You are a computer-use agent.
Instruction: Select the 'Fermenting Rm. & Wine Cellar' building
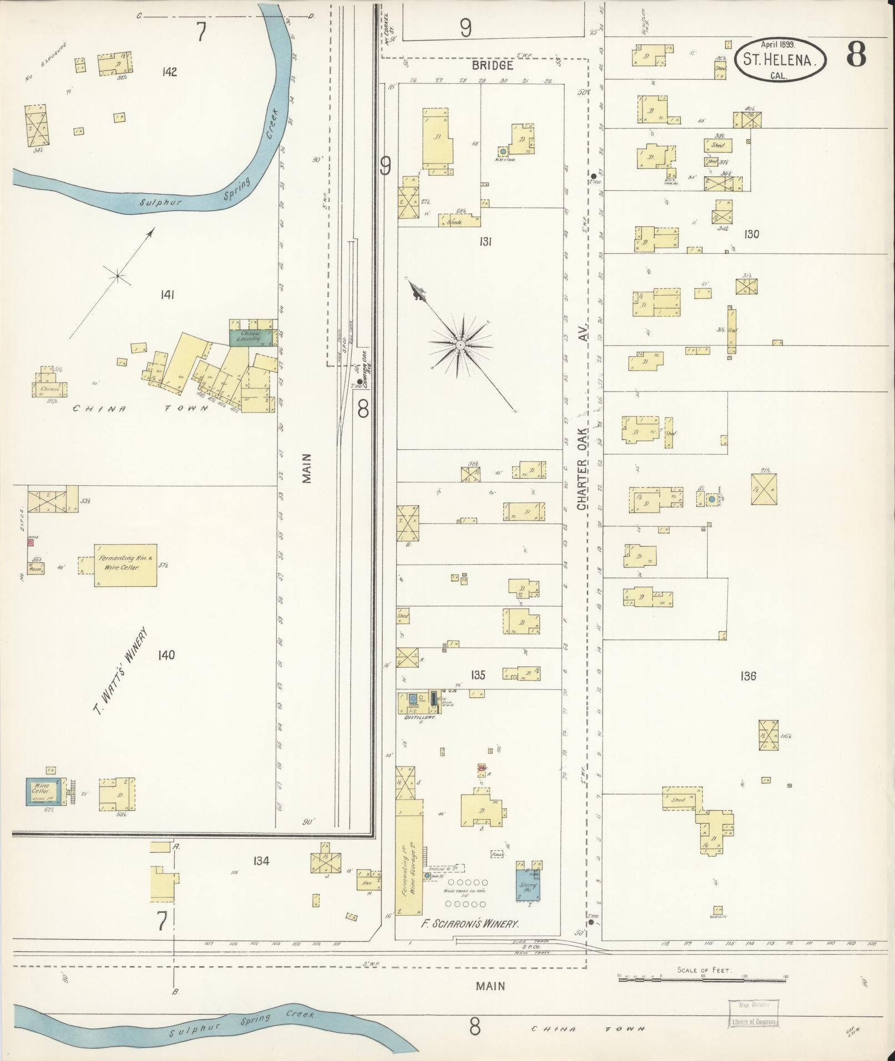click(125, 564)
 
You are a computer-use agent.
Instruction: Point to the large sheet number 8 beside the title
click(856, 55)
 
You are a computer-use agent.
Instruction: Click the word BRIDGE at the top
click(492, 65)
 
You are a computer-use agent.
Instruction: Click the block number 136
click(748, 676)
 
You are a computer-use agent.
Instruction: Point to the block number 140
click(166, 655)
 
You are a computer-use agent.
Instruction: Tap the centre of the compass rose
click(461, 345)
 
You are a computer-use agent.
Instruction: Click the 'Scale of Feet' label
click(704, 970)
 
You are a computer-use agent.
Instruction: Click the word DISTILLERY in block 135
click(420, 717)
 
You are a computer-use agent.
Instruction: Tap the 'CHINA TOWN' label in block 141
click(141, 408)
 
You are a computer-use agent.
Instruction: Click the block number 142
click(169, 72)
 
